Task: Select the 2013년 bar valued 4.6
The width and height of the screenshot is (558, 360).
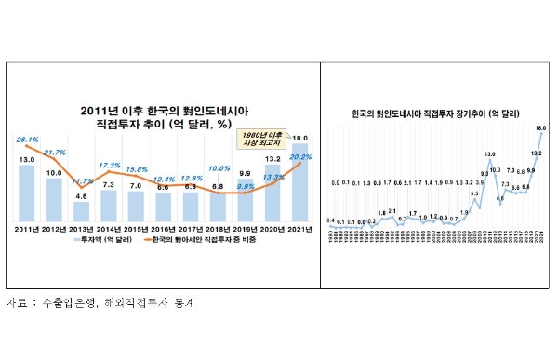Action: click(x=82, y=207)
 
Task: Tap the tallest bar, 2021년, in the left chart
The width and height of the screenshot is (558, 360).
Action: click(x=300, y=181)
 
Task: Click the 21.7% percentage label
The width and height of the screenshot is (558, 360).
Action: click(x=54, y=153)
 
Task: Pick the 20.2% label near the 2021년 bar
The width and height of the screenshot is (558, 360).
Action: click(x=299, y=158)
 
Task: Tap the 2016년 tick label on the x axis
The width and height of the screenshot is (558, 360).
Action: click(x=164, y=227)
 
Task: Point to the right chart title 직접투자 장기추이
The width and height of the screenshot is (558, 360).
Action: click(x=436, y=113)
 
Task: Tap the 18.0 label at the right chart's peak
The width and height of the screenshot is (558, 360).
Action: click(x=540, y=127)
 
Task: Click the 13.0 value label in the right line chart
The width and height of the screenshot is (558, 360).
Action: click(x=489, y=153)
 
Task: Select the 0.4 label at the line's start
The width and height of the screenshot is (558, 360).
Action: click(x=330, y=220)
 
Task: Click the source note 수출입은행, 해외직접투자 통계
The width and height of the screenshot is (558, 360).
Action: click(x=102, y=303)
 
